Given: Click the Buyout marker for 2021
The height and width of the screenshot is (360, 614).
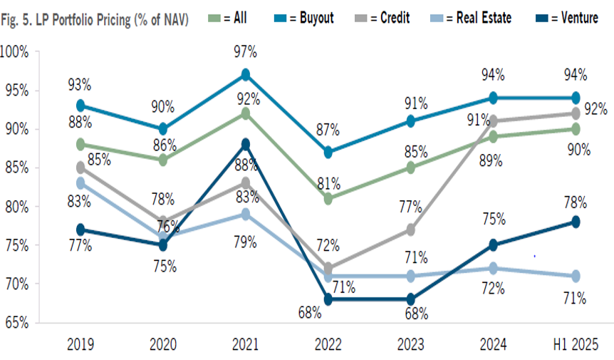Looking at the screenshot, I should point(245,74).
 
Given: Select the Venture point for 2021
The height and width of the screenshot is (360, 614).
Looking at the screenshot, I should point(245,144).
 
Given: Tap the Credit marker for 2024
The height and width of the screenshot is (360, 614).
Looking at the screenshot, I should point(493,121).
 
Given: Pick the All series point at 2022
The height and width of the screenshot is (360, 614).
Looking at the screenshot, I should point(328,199).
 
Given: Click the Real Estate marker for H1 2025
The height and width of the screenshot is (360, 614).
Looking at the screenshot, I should point(576,276).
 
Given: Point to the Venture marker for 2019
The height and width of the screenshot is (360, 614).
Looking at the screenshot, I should point(80,230).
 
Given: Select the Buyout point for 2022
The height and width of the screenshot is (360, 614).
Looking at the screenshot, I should point(328,152).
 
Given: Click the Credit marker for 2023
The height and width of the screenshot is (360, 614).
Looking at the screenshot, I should point(410,230).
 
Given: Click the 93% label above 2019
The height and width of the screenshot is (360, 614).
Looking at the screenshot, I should point(79,84).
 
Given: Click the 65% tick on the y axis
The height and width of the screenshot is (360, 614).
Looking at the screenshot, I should point(16,322).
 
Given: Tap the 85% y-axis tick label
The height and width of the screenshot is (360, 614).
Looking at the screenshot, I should point(16,168).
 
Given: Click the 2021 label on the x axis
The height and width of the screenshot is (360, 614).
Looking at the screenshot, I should point(245,344).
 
